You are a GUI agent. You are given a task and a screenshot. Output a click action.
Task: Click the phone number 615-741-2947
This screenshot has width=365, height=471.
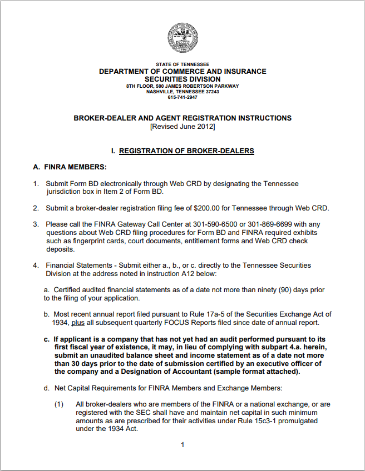pyautogui.click(x=182, y=97)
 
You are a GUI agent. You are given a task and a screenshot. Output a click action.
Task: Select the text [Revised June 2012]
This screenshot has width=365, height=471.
pyautogui.click(x=182, y=127)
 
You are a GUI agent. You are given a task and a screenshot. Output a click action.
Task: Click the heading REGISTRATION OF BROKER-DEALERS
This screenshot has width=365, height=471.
pyautogui.click(x=186, y=151)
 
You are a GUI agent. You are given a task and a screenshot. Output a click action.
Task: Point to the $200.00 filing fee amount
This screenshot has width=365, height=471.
pyautogui.click(x=208, y=208)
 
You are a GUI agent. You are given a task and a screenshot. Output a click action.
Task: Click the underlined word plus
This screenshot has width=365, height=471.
pyautogui.click(x=78, y=323)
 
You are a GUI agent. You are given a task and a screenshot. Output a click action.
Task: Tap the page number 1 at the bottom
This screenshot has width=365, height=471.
pyautogui.click(x=182, y=444)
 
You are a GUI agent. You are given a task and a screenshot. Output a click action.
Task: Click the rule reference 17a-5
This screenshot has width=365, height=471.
pyautogui.click(x=193, y=314)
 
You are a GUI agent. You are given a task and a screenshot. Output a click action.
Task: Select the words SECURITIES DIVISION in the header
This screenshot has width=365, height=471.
pyautogui.click(x=182, y=79)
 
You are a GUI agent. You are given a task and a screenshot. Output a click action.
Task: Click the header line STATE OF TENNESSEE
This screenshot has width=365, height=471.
pyautogui.click(x=182, y=64)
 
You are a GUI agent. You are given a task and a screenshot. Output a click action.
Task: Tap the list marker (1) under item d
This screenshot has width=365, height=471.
pyautogui.click(x=60, y=404)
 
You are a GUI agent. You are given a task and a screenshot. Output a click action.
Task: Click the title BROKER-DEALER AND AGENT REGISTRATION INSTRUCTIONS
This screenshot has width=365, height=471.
pyautogui.click(x=182, y=118)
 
